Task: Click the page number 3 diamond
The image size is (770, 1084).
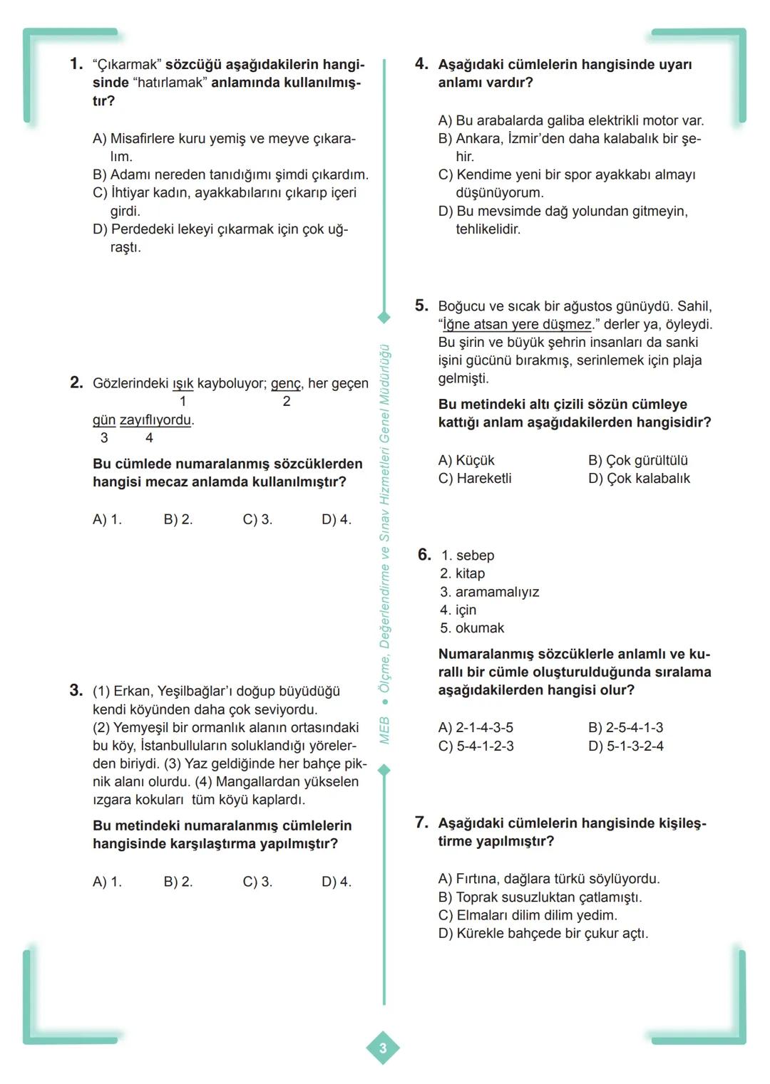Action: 383,1048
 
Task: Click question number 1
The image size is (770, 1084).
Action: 76,64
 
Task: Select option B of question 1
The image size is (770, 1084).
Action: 230,174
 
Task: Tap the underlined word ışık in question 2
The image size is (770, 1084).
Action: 183,384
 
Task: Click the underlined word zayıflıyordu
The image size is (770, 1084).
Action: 155,420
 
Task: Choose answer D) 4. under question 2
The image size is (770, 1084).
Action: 336,519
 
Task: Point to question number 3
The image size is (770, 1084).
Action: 76,690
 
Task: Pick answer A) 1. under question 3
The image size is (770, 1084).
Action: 107,882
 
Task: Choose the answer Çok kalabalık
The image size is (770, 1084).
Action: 639,479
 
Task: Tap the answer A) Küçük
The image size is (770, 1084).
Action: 466,461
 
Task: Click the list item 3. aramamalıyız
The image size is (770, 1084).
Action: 489,592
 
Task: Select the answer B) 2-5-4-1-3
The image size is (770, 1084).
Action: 625,728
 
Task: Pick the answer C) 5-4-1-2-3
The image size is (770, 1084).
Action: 476,746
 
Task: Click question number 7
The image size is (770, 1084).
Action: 422,823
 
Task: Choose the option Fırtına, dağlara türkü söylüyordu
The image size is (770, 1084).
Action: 548,879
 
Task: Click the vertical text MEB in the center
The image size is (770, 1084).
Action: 384,731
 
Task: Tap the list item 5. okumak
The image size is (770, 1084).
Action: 472,628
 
